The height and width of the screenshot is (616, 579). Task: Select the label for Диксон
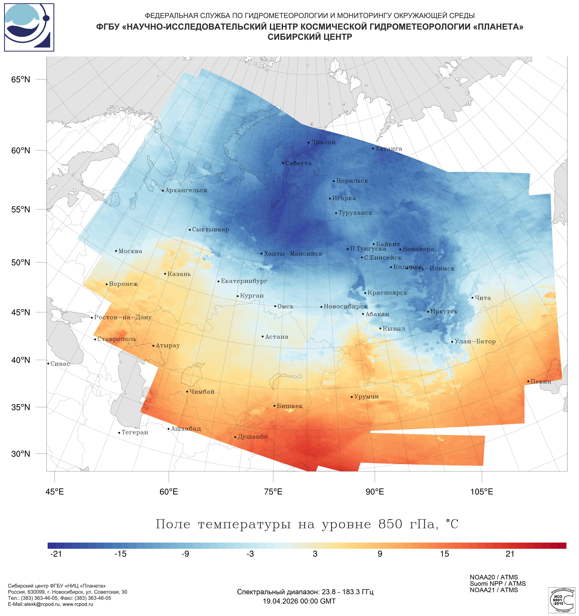pos(323,142)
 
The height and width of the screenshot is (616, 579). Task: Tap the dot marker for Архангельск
pos(163,191)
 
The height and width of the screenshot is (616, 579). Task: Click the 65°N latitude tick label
pos(21,80)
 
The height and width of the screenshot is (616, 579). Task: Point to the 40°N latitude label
pos(21,360)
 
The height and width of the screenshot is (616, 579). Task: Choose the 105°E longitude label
pos(482,492)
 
